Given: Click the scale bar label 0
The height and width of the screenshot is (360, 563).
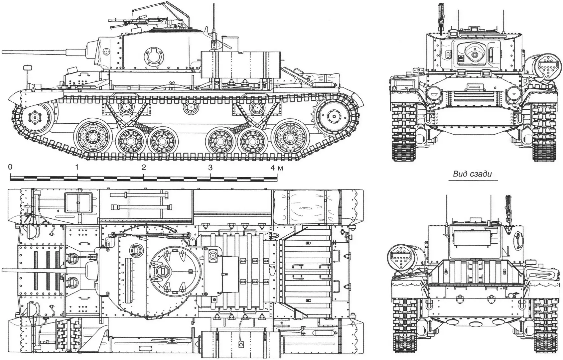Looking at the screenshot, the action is (10, 167).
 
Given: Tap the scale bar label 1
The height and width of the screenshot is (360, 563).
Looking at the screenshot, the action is (77, 167).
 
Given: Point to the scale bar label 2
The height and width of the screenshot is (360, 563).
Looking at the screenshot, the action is (144, 167).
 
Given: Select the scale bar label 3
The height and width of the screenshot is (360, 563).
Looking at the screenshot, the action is (211, 167).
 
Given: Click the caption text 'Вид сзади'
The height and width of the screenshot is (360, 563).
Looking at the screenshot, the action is (472, 174).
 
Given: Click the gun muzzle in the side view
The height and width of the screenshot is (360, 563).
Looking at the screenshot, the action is (3, 52).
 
